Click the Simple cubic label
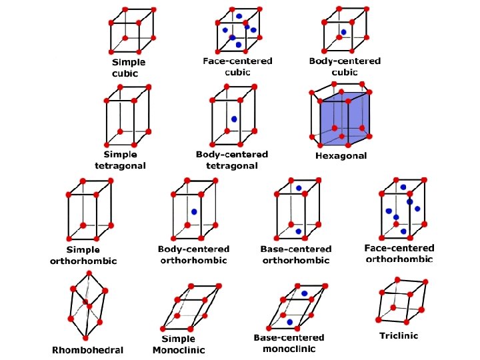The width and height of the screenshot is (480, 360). [129, 67]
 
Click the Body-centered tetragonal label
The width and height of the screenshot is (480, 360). [232, 159]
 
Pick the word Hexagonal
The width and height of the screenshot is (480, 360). [341, 156]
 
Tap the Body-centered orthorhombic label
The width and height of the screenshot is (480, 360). [193, 254]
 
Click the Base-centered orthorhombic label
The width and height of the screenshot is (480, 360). [296, 254]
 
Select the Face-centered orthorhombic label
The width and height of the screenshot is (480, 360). [399, 253]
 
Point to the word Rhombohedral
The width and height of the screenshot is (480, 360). [88, 349]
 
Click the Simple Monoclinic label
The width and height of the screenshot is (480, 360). [179, 344]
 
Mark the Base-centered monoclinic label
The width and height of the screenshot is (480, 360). [289, 343]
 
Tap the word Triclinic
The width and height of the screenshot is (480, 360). [399, 335]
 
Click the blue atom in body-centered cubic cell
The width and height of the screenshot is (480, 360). [343, 32]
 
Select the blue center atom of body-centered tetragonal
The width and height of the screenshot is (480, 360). [234, 119]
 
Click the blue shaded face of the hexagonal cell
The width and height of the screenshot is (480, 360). [345, 116]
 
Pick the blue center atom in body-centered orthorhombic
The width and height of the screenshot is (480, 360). [194, 212]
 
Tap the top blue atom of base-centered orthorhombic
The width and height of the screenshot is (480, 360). [299, 189]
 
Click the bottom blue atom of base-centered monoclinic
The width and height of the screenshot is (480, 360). [290, 322]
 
